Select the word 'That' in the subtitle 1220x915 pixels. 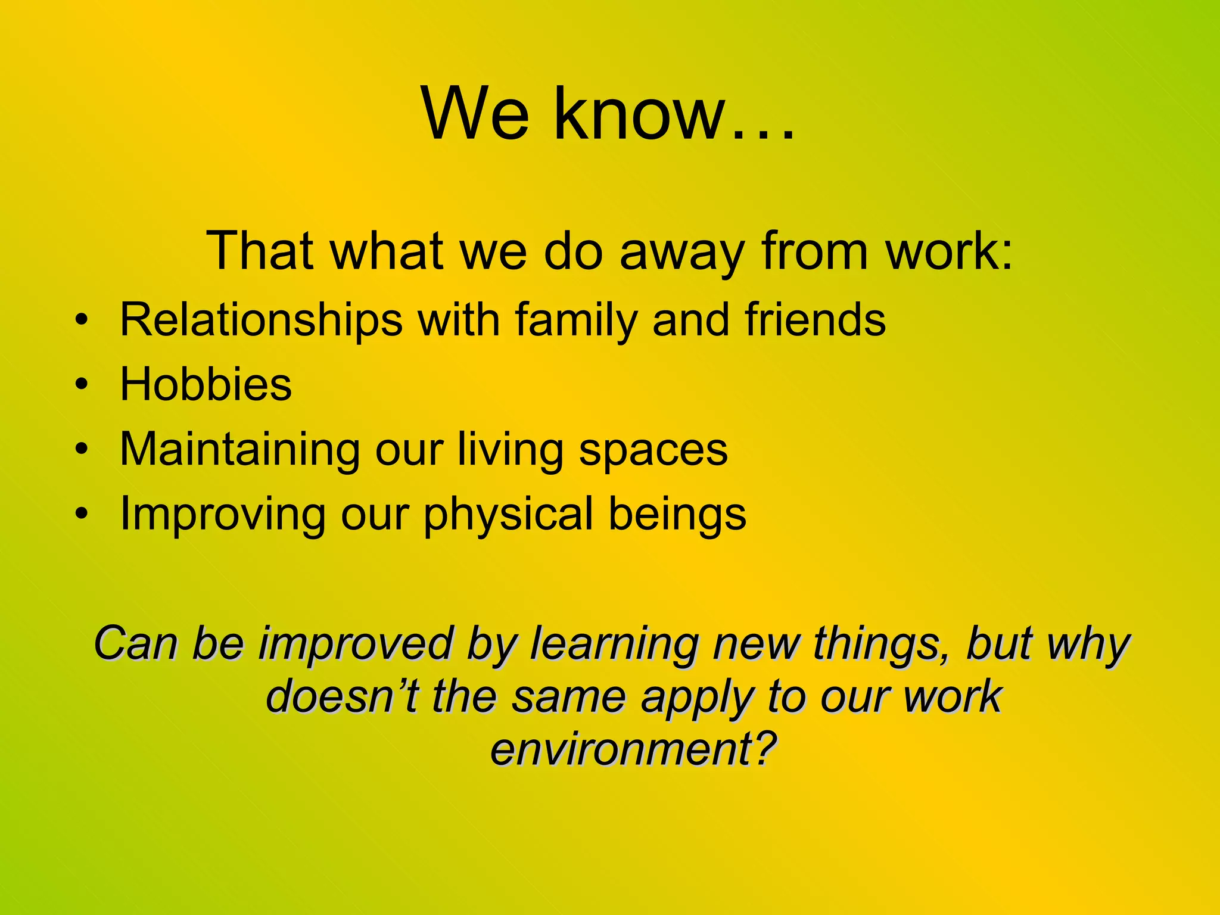coord(260,251)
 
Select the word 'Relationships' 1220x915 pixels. coord(261,320)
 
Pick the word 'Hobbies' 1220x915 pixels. coord(206,384)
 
